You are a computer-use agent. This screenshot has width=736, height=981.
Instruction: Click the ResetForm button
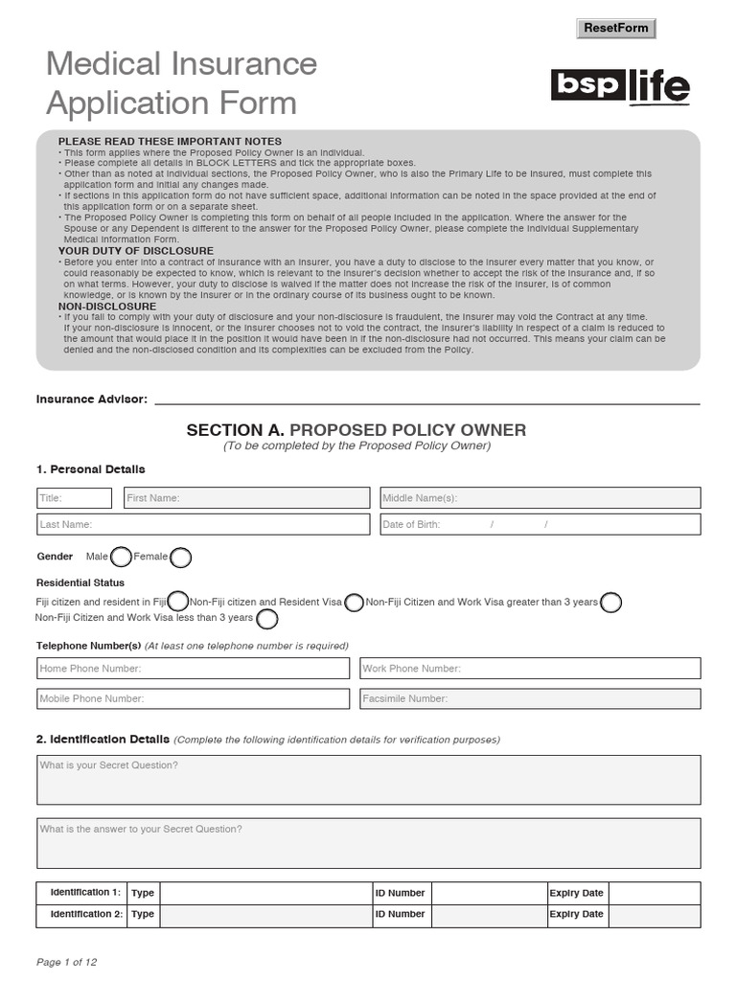point(616,28)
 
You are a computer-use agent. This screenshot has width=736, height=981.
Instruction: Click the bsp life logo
point(620,86)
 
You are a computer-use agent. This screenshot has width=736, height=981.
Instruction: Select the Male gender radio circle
point(121,557)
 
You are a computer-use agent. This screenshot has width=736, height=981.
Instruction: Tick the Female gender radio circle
point(180,557)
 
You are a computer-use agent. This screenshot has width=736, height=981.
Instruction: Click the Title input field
point(75,498)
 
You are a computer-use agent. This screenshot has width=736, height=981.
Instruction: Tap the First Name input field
point(246,498)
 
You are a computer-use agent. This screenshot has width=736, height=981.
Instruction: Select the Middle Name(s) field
point(540,498)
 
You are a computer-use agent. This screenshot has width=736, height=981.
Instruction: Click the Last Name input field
point(202,524)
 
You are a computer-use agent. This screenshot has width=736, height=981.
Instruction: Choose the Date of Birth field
point(540,524)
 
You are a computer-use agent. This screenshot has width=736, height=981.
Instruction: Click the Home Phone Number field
point(193,669)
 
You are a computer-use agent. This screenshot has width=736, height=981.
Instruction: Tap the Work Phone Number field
point(530,669)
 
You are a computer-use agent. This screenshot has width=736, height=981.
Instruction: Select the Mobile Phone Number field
point(193,698)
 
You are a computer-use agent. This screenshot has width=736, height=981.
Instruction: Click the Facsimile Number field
point(530,698)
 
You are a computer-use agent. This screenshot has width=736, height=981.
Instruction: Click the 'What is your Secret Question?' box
point(368,780)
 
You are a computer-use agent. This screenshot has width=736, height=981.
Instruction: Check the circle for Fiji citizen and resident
point(178,602)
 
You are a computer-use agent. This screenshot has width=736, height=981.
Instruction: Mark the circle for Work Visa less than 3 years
point(267,619)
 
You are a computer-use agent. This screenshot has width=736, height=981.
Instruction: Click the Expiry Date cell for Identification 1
point(654,893)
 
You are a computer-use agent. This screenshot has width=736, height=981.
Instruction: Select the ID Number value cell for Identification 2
point(486,914)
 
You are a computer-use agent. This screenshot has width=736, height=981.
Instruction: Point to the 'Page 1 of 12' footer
point(66,962)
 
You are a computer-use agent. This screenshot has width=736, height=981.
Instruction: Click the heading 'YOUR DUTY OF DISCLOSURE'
point(136,251)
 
